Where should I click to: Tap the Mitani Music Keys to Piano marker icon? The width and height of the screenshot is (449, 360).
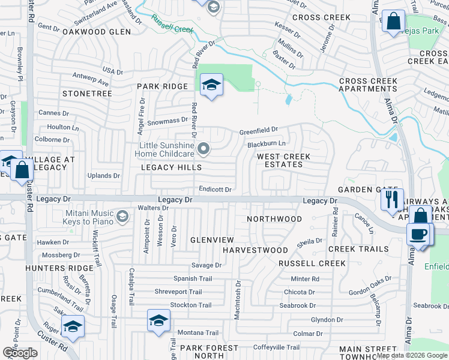[x=122, y=216]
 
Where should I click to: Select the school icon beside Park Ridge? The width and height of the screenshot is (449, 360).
[x=211, y=85]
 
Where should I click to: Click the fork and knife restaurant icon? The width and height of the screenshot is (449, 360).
[x=391, y=199]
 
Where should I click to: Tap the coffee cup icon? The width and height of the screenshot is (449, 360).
[x=418, y=234]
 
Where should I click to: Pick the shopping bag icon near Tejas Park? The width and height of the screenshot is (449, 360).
[x=394, y=22]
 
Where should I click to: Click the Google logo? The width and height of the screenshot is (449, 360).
[x=20, y=353]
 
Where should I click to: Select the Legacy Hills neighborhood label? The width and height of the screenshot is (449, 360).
[x=171, y=167]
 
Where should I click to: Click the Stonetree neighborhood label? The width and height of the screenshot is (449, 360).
[x=87, y=94]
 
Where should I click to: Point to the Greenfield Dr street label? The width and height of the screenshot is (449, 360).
[x=259, y=130]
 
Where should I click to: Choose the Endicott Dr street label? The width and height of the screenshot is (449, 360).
[x=215, y=189]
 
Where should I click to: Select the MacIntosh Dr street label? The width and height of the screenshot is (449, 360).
[x=238, y=299]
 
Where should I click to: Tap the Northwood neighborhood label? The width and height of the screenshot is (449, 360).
[x=275, y=219]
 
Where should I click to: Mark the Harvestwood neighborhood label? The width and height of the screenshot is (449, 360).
[x=255, y=250]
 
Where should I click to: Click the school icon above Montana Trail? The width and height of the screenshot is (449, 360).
[x=158, y=320]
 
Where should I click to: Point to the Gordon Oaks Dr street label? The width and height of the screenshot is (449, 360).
[x=370, y=286]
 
